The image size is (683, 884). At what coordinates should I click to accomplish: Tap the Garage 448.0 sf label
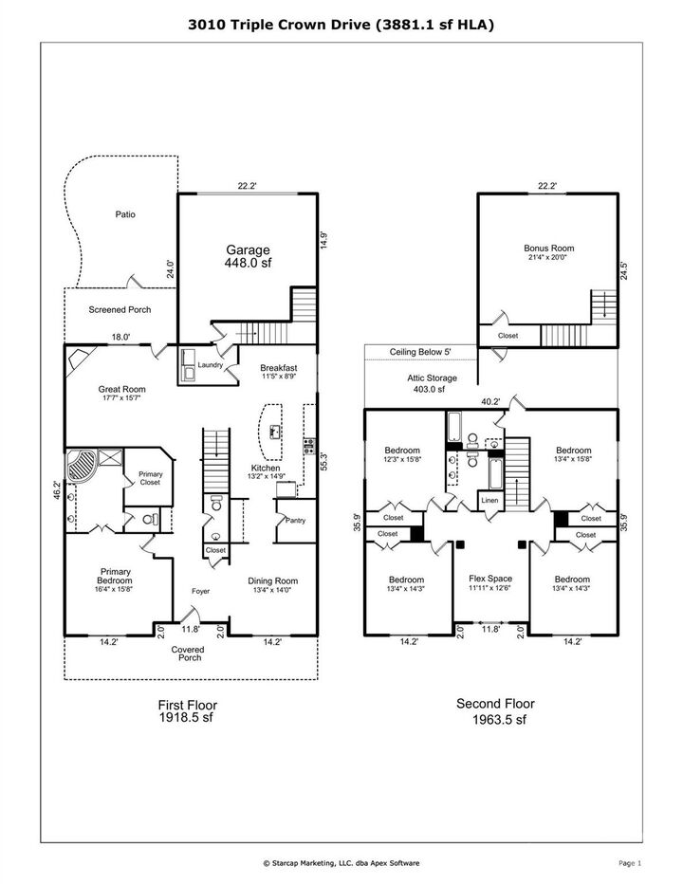[x=248, y=256]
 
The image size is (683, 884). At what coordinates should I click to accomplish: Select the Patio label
[x=125, y=214]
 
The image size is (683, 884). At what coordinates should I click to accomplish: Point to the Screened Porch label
[x=120, y=309]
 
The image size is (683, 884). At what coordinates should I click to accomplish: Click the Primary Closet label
[x=150, y=478]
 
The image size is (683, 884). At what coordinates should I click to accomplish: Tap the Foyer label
[x=199, y=591]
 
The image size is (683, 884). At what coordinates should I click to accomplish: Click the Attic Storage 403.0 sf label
[x=419, y=383]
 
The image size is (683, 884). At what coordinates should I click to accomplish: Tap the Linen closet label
[x=489, y=500]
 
